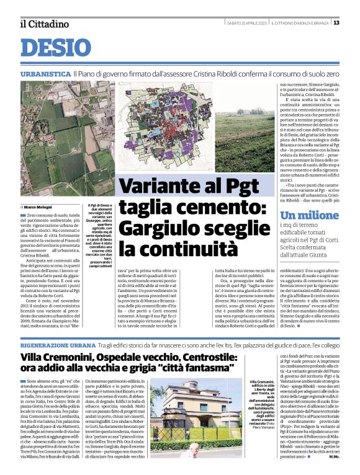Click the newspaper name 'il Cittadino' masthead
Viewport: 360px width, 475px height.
pos(43,24)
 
